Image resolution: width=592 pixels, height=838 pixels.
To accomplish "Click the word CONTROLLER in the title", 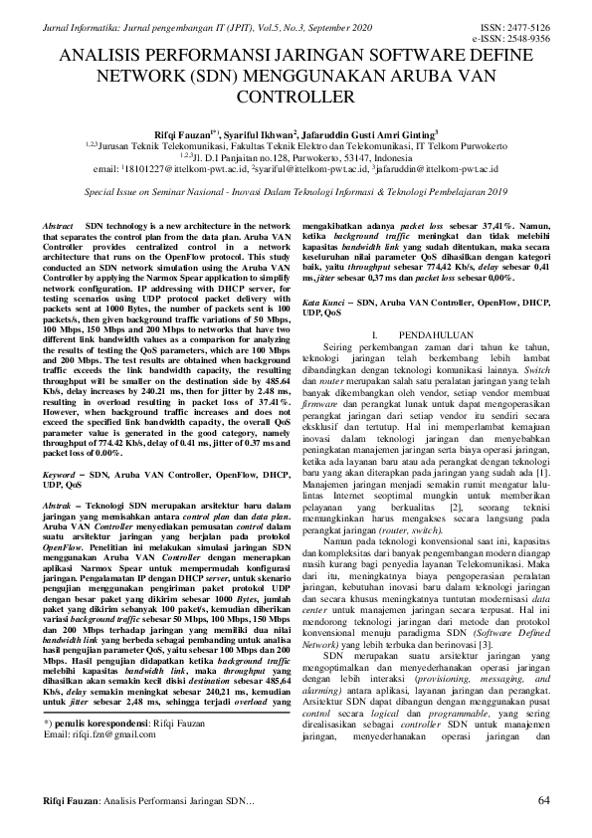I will (296, 98).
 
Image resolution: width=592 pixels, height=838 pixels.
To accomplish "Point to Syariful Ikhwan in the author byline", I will (286, 130).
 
